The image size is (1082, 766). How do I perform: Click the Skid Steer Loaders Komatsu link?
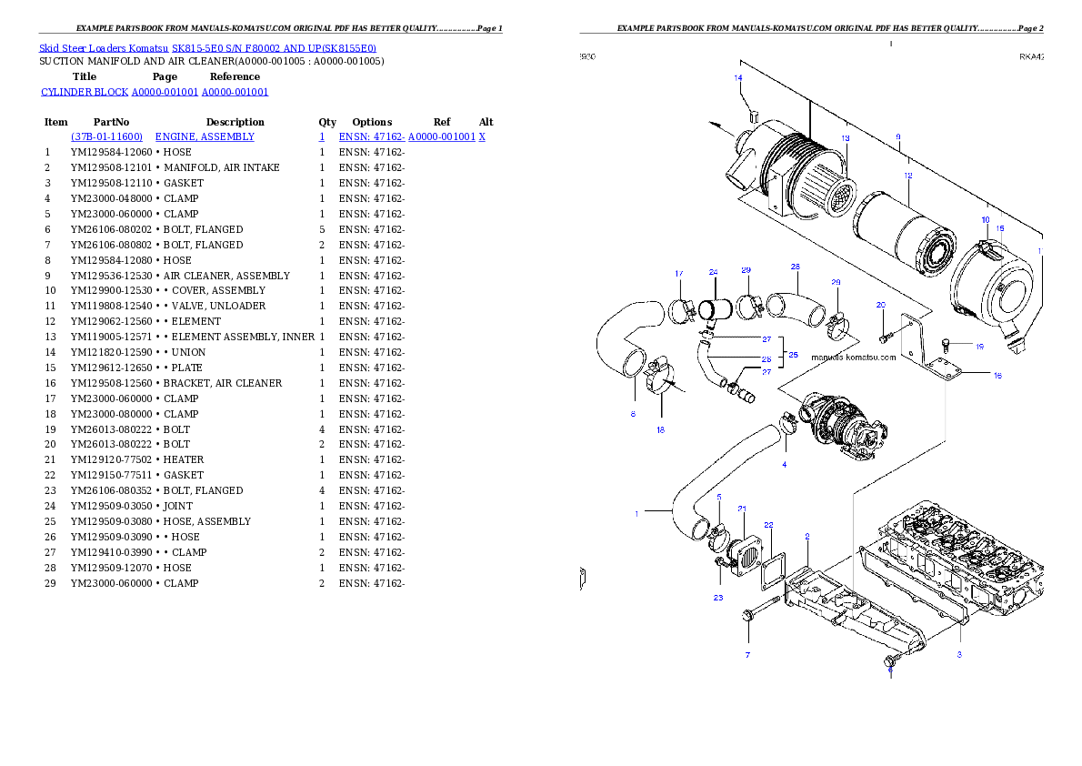[x=207, y=48]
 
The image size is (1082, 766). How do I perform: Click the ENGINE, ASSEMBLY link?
[x=205, y=136]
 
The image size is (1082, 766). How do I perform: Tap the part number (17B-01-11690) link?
[x=106, y=136]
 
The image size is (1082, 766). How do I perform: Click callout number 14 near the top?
[x=738, y=78]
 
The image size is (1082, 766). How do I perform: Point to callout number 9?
[x=897, y=137]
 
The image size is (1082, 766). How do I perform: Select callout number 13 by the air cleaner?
[x=845, y=138]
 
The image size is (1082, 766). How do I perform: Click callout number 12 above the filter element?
[x=907, y=175]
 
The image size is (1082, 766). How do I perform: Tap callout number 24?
[x=713, y=272]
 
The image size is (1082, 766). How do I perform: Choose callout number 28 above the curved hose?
[x=795, y=267]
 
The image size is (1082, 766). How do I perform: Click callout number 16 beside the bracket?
[x=997, y=375]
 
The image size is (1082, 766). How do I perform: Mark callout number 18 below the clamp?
[x=660, y=429]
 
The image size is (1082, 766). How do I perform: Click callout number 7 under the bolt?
[x=747, y=654]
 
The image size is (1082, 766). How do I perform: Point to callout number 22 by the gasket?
[x=768, y=525]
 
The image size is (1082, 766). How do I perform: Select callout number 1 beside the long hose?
[x=636, y=513]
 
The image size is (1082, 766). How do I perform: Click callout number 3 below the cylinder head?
[x=958, y=654]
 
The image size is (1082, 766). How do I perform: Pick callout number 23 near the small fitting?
[x=717, y=598]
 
